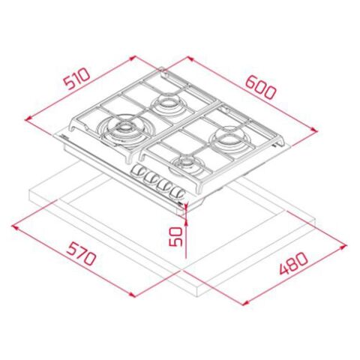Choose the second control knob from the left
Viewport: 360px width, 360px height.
(x=151, y=180)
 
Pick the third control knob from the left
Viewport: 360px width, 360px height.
(x=164, y=186)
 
